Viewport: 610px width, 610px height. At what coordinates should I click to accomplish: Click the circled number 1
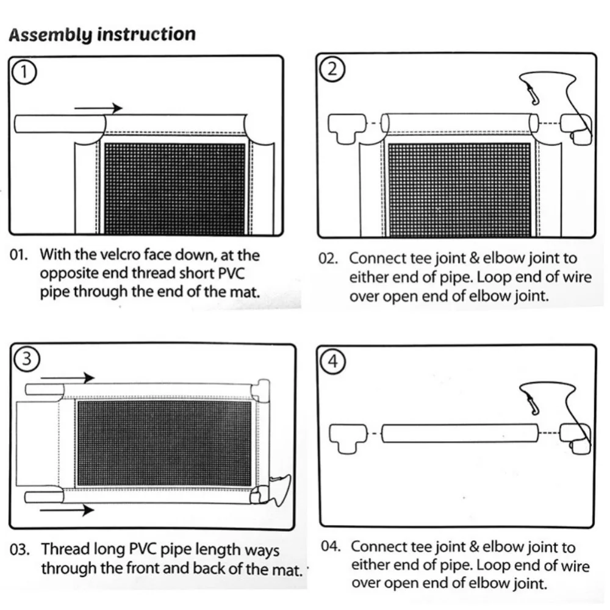tap(24, 73)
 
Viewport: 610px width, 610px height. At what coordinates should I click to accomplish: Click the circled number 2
tap(332, 69)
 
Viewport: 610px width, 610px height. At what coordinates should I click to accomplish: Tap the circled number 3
tap(27, 358)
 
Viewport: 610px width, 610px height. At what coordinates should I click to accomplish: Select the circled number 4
tap(332, 361)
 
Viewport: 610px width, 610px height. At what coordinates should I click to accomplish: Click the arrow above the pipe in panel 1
tap(98, 108)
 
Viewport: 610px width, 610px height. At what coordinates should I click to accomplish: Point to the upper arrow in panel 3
tap(67, 378)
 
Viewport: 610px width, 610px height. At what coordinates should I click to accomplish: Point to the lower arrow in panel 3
tap(67, 509)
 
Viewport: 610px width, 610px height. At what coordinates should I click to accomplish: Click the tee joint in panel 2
tap(347, 128)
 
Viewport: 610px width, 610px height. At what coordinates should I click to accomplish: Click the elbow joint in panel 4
tap(576, 439)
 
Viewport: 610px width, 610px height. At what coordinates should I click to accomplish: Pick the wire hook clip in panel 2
tap(531, 95)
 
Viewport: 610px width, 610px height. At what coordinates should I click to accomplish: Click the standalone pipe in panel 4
tap(460, 433)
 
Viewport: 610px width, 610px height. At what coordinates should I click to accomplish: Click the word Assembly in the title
tap(50, 35)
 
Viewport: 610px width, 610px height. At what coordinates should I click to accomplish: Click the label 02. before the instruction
tap(328, 259)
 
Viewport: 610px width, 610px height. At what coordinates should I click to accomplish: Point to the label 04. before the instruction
tap(331, 546)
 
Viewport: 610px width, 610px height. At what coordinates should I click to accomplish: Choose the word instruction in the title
tap(146, 34)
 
